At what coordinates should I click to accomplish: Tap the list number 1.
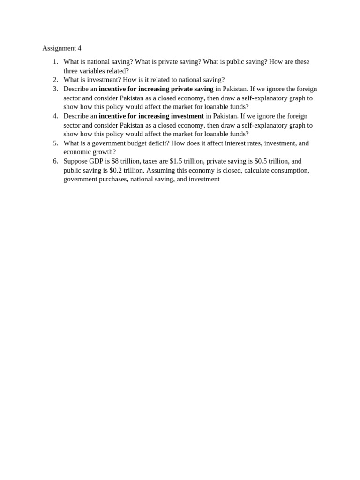[55, 62]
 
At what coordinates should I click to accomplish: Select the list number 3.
[55, 89]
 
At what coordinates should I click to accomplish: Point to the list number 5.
[55, 143]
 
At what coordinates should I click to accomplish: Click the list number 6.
[55, 161]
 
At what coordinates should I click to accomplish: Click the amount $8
[115, 161]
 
